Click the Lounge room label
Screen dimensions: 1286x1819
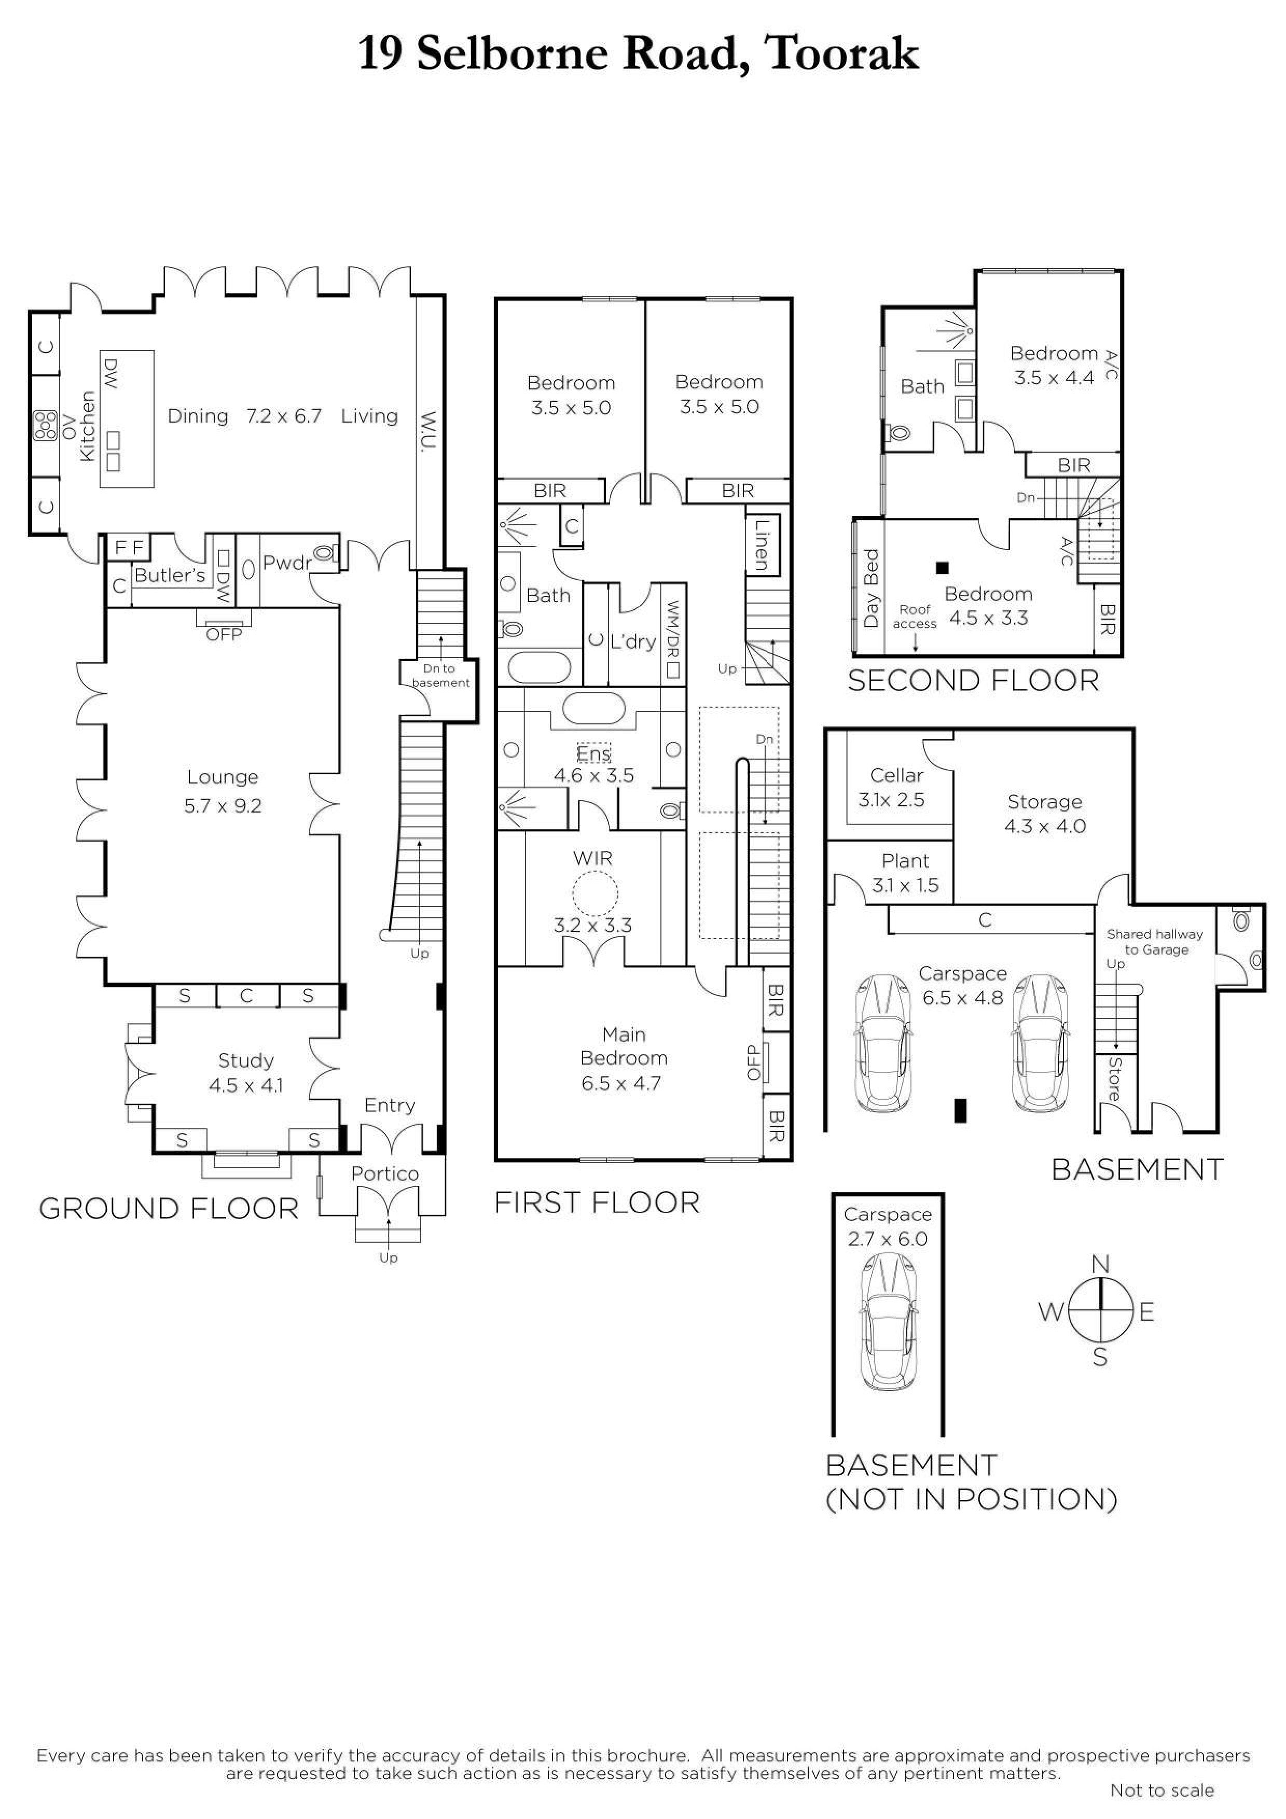tap(223, 777)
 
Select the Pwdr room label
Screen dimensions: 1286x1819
tap(287, 563)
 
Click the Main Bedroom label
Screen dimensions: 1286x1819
tap(624, 1046)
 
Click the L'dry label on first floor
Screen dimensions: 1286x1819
tap(633, 642)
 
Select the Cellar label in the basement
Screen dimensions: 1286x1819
tap(896, 776)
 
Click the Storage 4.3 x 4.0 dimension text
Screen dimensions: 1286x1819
tap(1044, 827)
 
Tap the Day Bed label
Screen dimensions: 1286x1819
tap(871, 589)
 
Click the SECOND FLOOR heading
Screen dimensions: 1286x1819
tap(973, 681)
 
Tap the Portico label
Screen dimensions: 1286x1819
tap(385, 1173)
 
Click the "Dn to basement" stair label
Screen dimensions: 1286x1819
tap(440, 676)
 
